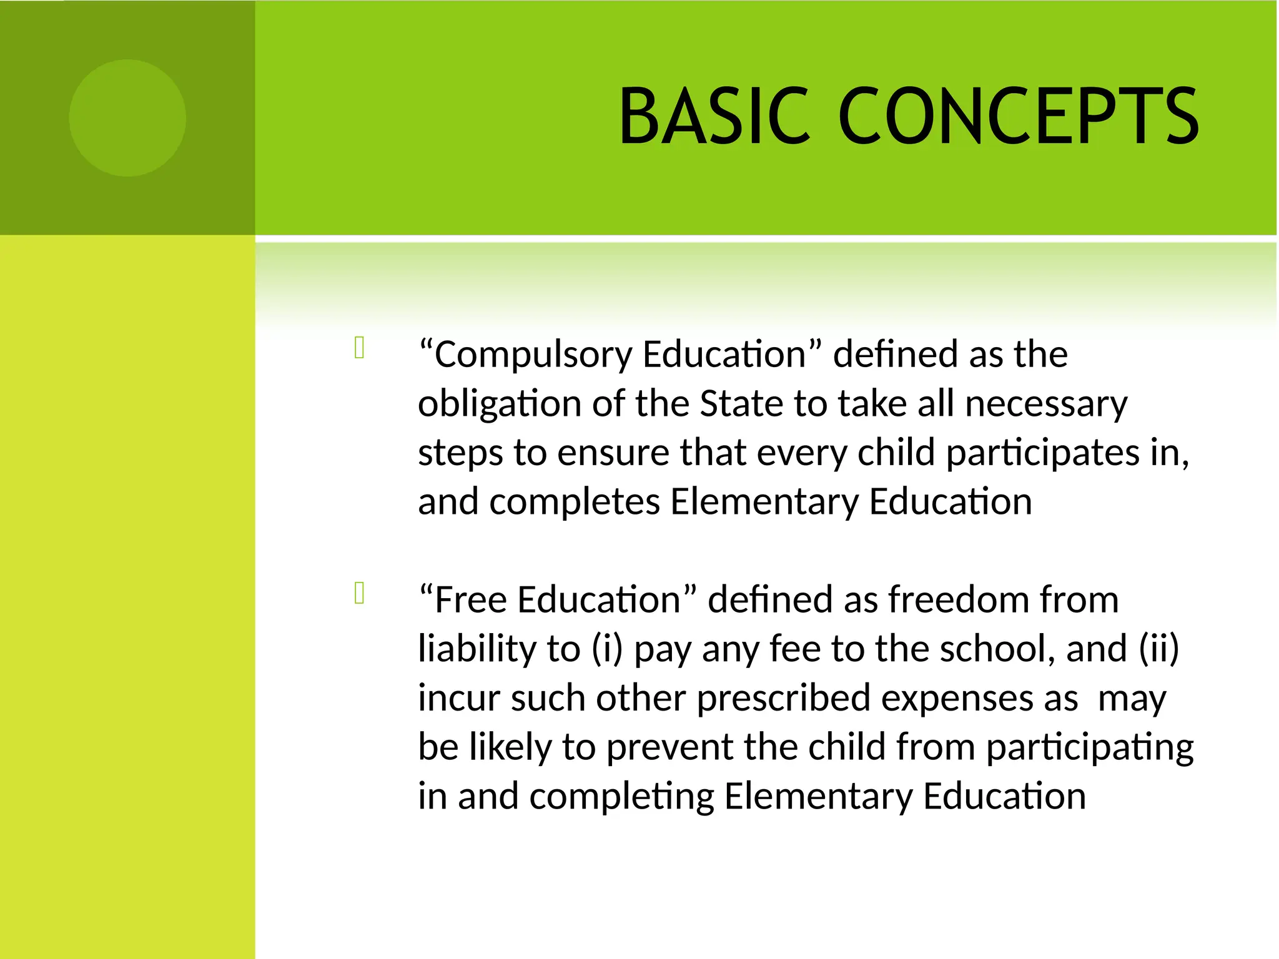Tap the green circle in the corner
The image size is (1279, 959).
coord(127,118)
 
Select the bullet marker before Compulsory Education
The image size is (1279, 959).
coord(359,348)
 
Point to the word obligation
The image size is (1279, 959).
coord(500,404)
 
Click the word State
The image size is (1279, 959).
coord(741,403)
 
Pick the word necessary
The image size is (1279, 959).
coord(1046,405)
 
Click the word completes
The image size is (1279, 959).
coord(575,502)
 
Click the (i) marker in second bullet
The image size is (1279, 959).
coord(607,649)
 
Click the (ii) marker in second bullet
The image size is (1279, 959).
coord(1159,649)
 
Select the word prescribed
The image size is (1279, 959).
coord(783,698)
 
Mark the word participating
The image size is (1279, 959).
coord(1090,748)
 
